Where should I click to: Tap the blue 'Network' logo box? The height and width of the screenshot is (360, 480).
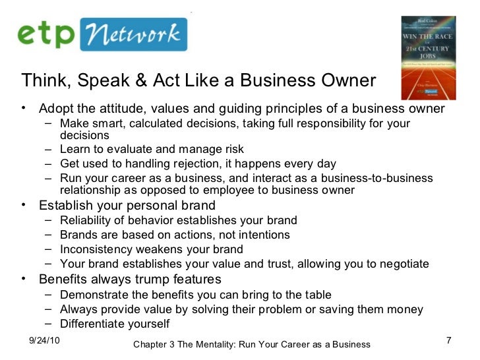133,34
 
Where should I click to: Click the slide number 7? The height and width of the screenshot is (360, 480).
448,340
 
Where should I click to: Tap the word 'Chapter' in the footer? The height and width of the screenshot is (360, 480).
152,345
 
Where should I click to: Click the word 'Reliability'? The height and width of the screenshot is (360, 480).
84,220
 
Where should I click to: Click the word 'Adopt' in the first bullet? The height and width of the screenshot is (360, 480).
55,108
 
